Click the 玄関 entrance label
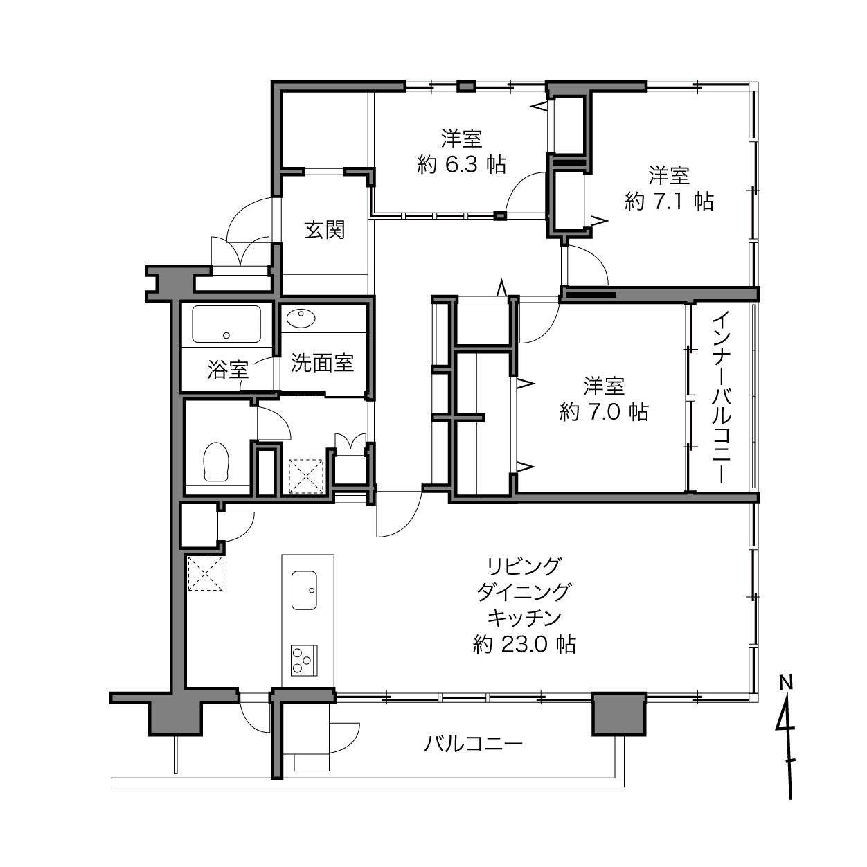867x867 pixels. pyautogui.click(x=324, y=230)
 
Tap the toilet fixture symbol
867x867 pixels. pyautogui.click(x=216, y=462)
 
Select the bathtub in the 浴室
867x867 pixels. pyautogui.click(x=226, y=324)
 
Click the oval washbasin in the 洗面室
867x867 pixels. pyautogui.click(x=301, y=319)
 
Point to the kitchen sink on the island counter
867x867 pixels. pyautogui.click(x=304, y=590)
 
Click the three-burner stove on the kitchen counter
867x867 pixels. pyautogui.click(x=304, y=660)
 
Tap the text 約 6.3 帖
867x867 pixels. pyautogui.click(x=462, y=165)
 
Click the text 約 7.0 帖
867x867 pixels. pyautogui.click(x=604, y=411)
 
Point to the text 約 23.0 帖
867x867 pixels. pyautogui.click(x=525, y=644)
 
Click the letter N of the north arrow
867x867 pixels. pyautogui.click(x=787, y=683)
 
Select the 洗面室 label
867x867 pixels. pyautogui.click(x=322, y=363)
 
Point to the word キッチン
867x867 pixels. pyautogui.click(x=525, y=618)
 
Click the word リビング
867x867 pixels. pyautogui.click(x=525, y=566)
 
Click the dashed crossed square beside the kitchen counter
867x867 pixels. pyautogui.click(x=205, y=573)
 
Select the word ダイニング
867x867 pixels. pyautogui.click(x=525, y=592)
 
